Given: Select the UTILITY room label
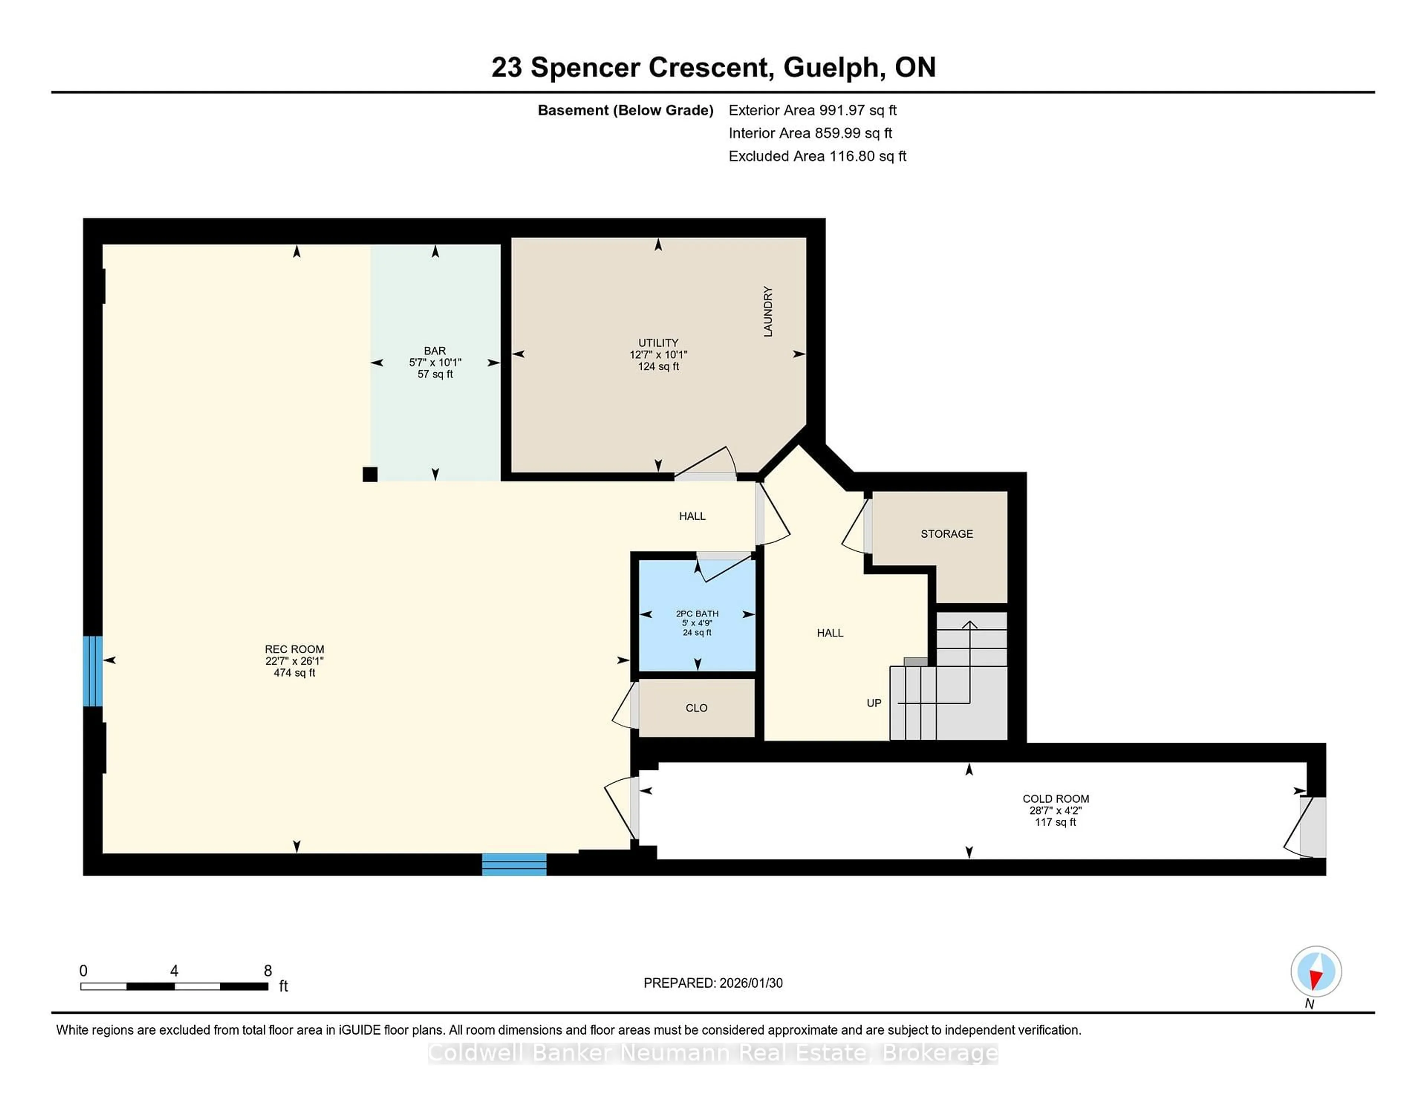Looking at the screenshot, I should click(x=658, y=343).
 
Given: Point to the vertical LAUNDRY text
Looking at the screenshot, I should click(x=768, y=312).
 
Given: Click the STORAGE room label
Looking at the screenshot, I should click(x=946, y=534).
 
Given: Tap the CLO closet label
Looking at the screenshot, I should click(x=696, y=708).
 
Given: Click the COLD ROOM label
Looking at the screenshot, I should click(x=1055, y=798).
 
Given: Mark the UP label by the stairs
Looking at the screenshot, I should click(x=874, y=703).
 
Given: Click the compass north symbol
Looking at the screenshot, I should click(x=1316, y=971).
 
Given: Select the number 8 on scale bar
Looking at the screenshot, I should click(x=268, y=971).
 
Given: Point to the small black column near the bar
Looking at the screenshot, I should click(x=369, y=475).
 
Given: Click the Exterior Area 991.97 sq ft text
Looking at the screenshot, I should click(x=812, y=110).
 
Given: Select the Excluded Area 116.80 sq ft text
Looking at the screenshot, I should click(x=817, y=156).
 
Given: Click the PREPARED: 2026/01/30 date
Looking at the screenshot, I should click(x=713, y=983).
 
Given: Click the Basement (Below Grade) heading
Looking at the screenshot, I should click(x=625, y=110).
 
